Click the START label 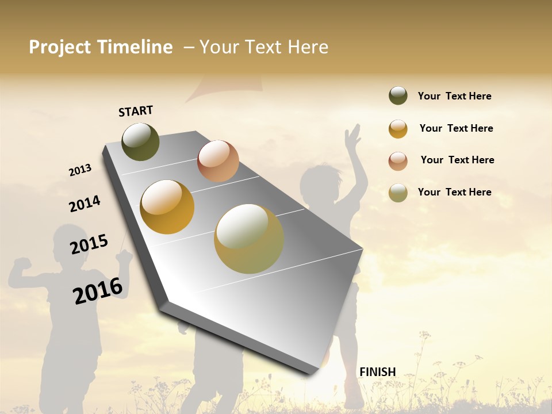[x=136, y=111]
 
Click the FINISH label [x=377, y=372]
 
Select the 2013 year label [x=80, y=170]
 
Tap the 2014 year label [x=85, y=204]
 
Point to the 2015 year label [x=89, y=244]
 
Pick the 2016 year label [x=98, y=290]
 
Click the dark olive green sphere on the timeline [x=140, y=141]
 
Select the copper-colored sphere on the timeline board [x=218, y=161]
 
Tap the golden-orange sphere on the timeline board [x=167, y=207]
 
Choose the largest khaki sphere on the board [x=249, y=239]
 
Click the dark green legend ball [x=398, y=95]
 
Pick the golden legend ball [x=398, y=129]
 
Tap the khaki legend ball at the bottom [x=398, y=193]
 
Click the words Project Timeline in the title [x=101, y=47]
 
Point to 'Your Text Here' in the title [x=264, y=47]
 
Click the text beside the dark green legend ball [x=454, y=96]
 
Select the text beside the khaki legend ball [x=454, y=192]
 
